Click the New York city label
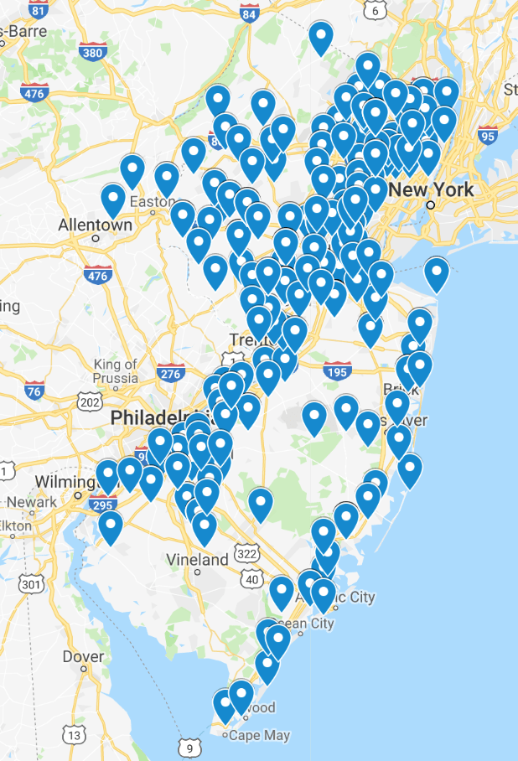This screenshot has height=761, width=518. coord(432,189)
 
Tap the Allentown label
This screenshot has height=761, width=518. coord(96,225)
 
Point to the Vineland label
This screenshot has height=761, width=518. coord(197,559)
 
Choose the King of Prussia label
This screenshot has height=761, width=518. coord(116,370)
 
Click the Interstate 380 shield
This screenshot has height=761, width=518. coord(93,53)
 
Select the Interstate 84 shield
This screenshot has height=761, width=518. coord(249,13)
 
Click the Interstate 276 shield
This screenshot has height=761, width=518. coord(170,372)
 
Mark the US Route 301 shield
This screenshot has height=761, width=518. coord(30,582)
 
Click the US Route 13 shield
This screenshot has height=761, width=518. coord(75,735)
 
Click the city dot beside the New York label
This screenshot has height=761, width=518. coord(430,204)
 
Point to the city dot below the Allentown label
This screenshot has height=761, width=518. coord(96,238)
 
